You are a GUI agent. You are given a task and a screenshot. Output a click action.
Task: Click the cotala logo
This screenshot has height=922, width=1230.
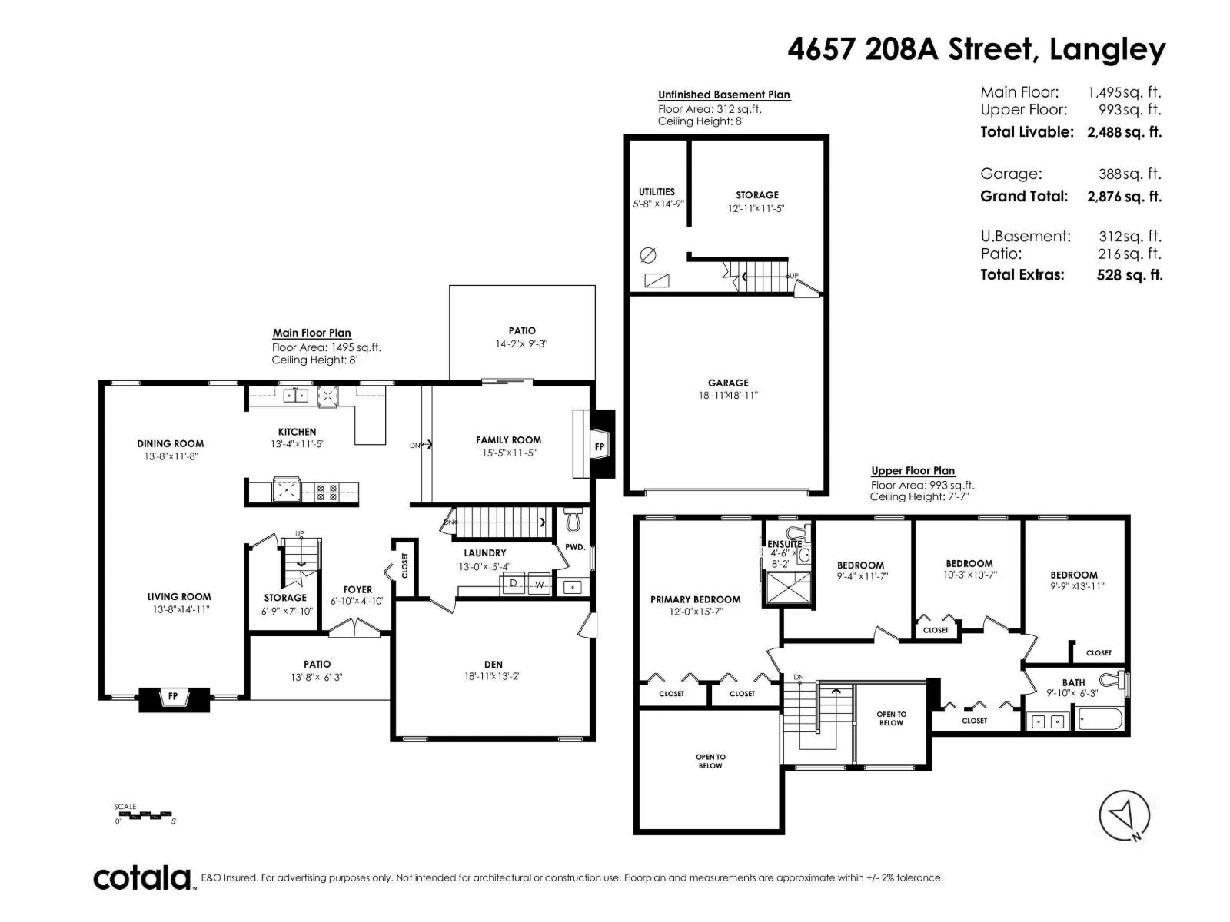(x=142, y=877)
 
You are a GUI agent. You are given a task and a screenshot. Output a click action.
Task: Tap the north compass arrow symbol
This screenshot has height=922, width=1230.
(x=1124, y=815)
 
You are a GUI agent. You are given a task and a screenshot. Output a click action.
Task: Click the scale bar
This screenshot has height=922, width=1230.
(x=145, y=814)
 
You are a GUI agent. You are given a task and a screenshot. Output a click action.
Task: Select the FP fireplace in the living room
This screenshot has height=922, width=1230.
(x=173, y=697)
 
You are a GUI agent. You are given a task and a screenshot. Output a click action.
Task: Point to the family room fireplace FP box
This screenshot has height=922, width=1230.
(x=600, y=446)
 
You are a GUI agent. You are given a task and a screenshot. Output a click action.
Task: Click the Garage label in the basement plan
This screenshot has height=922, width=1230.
(x=727, y=383)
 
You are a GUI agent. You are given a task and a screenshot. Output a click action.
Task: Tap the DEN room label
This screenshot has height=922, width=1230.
(x=493, y=665)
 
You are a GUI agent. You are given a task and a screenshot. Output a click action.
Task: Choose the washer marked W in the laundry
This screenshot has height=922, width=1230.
(x=540, y=585)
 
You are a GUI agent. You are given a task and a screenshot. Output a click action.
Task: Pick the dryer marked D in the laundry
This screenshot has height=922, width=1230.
(x=514, y=585)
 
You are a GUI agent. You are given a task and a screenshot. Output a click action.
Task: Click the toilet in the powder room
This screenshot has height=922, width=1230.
(x=572, y=521)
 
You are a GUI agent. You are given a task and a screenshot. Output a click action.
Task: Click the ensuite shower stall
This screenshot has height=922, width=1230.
(x=786, y=588)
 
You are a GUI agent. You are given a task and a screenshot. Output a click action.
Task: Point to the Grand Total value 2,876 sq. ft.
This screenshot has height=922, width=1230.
(x=1123, y=196)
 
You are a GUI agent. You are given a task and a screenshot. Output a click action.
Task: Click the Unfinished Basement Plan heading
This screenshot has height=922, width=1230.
(x=723, y=95)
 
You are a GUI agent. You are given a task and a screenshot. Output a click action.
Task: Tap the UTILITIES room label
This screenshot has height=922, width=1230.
(x=657, y=192)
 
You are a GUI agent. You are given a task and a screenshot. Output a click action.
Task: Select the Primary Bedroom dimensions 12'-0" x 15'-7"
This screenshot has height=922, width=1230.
(x=695, y=612)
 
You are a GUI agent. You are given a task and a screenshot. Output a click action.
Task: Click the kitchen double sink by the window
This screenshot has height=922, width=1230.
(x=296, y=396)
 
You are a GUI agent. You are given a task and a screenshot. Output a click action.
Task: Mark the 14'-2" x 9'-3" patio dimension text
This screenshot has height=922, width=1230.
(x=521, y=343)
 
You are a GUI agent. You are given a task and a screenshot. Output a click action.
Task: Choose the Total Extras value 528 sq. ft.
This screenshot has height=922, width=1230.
(x=1129, y=275)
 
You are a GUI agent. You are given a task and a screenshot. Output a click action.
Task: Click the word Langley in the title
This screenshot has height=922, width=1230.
(x=1107, y=50)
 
